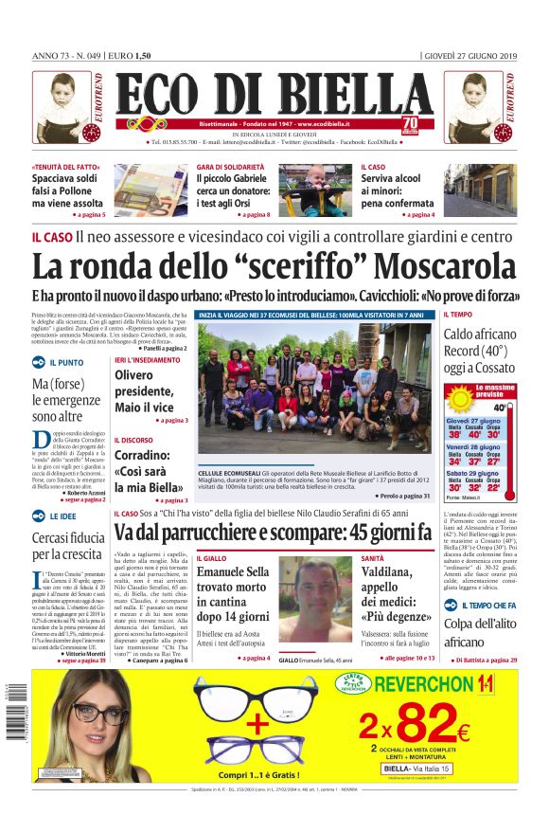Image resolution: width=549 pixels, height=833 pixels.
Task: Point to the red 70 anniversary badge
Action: point(409,125)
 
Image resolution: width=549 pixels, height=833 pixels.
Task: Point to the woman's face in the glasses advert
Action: point(89,720)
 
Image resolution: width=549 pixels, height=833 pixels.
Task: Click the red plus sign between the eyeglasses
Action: point(258,724)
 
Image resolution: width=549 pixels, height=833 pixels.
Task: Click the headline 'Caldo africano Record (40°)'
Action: point(480,350)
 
